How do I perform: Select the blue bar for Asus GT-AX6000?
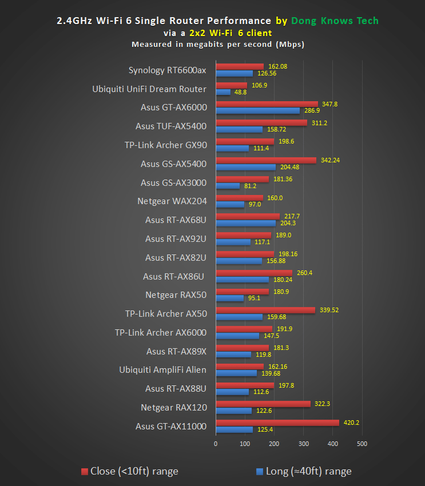click(x=257, y=110)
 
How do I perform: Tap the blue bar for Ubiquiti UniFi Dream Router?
click(x=223, y=91)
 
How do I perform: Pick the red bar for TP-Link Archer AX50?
click(x=265, y=310)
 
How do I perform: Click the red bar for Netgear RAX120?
click(x=263, y=404)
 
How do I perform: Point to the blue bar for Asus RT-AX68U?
click(x=245, y=223)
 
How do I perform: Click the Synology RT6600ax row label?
click(x=167, y=70)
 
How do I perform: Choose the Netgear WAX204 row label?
click(x=172, y=201)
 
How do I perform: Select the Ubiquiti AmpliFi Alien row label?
click(x=162, y=370)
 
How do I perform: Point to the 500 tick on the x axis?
click(x=362, y=444)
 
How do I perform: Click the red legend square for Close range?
click(x=85, y=472)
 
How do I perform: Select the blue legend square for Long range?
click(x=260, y=472)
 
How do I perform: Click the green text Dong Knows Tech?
click(x=335, y=21)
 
